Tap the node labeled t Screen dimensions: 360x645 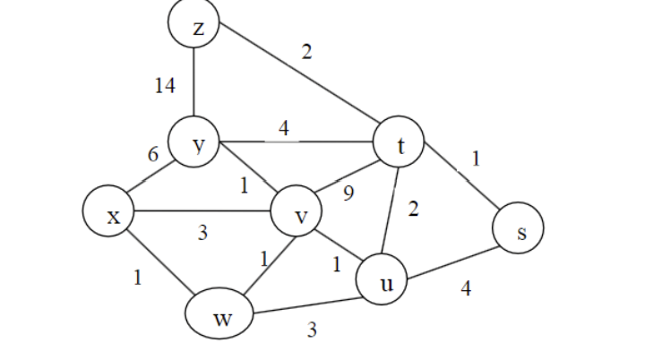[x=400, y=145]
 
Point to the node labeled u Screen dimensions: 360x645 [x=384, y=281]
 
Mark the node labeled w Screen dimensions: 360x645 [x=220, y=316]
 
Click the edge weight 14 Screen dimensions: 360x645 [x=164, y=86]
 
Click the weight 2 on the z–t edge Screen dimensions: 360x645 [x=306, y=52]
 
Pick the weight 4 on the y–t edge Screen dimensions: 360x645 [x=283, y=128]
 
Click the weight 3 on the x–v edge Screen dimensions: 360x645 [x=202, y=234]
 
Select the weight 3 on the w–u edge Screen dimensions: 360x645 [x=312, y=330]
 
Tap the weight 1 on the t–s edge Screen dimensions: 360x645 [x=476, y=159]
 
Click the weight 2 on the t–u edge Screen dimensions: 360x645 [x=413, y=210]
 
